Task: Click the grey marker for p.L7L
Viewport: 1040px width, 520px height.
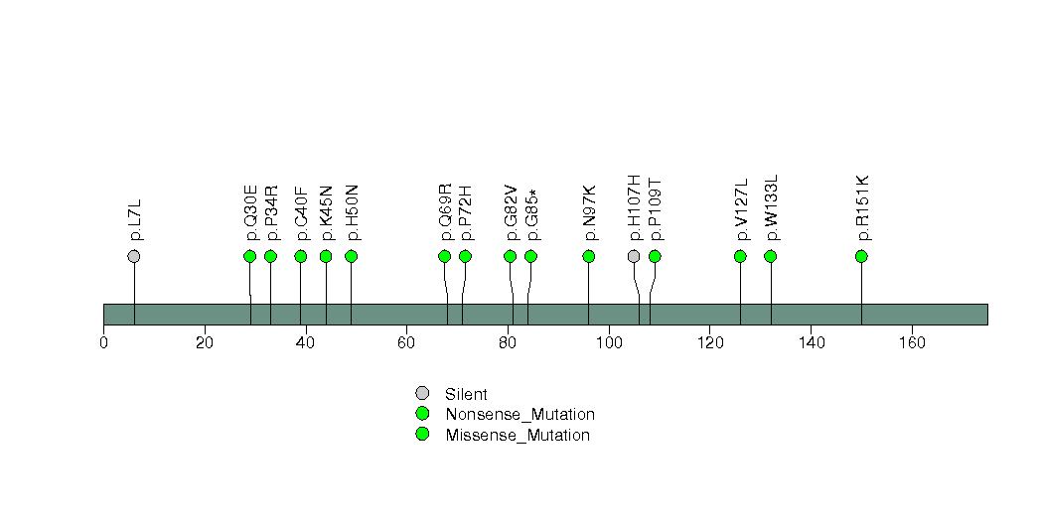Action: [134, 256]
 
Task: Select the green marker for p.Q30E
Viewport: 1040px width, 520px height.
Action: [250, 256]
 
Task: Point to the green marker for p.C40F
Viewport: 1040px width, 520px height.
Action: [301, 256]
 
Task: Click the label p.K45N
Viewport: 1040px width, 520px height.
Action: [327, 212]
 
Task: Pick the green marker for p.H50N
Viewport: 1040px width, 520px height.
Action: [351, 256]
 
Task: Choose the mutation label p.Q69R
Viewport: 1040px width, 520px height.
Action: [446, 212]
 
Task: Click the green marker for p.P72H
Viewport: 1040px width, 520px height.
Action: [465, 256]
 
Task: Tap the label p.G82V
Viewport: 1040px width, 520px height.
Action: [512, 212]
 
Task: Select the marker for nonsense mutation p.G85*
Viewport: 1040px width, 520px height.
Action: [530, 256]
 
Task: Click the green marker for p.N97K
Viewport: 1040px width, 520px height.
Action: [589, 256]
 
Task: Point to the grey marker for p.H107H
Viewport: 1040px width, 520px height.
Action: [634, 256]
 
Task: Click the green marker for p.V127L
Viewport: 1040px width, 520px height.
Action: [740, 256]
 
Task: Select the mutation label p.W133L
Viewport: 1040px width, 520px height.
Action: [772, 207]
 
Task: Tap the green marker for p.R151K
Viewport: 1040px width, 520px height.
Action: [861, 256]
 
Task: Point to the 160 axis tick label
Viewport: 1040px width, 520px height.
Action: [912, 343]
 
